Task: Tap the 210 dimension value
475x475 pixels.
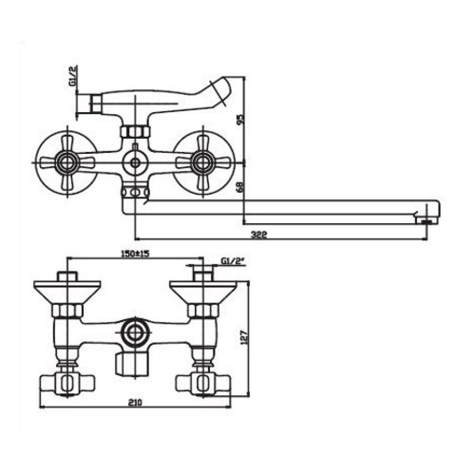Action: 135,402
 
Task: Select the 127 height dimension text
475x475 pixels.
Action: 245,337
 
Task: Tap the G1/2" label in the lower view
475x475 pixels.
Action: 233,261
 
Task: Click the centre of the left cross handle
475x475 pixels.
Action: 67,163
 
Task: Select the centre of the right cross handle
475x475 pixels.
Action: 202,163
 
